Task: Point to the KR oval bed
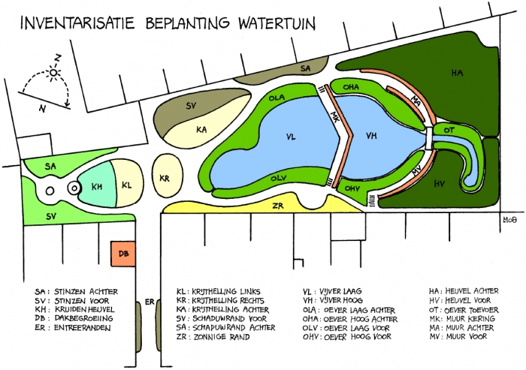(x=165, y=178)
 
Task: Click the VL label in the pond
(x=291, y=137)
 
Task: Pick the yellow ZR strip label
(x=278, y=205)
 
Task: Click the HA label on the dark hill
(x=457, y=73)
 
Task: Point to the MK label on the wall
(x=336, y=118)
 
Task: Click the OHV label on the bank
(x=352, y=188)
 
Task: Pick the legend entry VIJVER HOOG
(x=338, y=301)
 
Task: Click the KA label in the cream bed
(x=201, y=129)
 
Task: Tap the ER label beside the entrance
(x=149, y=302)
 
